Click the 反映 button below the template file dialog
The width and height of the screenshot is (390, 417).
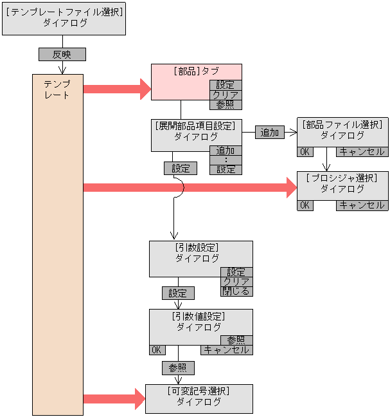click(x=62, y=55)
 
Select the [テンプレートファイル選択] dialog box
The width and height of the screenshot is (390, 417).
click(x=64, y=18)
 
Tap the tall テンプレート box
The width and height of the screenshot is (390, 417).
click(x=58, y=245)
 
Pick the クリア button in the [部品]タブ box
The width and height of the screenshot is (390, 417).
click(x=226, y=95)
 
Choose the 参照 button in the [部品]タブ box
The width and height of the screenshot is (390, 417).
click(x=226, y=104)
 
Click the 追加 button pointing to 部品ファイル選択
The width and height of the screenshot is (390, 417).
click(x=270, y=133)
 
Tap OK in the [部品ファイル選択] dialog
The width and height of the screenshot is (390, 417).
click(x=305, y=152)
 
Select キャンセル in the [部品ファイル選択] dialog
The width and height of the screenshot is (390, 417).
click(x=362, y=152)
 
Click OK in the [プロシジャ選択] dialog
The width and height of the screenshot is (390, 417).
click(x=305, y=205)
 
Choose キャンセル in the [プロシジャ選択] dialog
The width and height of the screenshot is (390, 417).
click(x=362, y=205)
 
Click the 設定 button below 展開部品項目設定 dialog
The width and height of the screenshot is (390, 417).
click(x=181, y=169)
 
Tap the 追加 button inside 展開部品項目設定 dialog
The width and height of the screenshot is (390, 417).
click(x=226, y=151)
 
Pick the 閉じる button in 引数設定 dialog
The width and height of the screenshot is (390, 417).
click(x=236, y=292)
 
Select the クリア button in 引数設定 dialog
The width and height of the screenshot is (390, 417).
click(x=236, y=282)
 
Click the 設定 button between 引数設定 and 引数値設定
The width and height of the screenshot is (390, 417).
click(x=178, y=293)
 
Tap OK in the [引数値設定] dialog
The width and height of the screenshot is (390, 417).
click(x=156, y=350)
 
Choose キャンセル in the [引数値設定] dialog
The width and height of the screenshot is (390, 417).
click(x=226, y=350)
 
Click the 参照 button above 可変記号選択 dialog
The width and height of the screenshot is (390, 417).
click(x=178, y=368)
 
